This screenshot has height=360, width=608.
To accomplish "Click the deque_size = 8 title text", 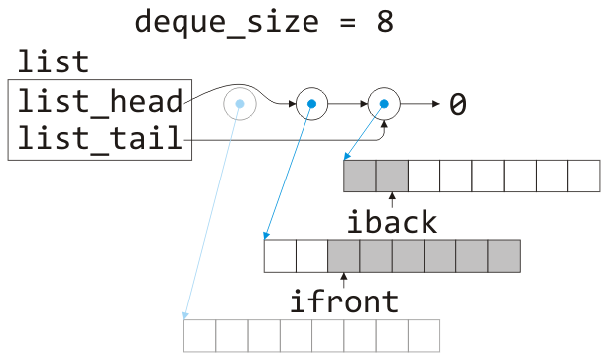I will coord(264,21).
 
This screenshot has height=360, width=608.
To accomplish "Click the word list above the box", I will coord(53,61).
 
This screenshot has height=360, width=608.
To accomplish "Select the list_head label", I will coord(99,102).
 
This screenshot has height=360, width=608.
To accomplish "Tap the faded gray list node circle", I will coord(239,103).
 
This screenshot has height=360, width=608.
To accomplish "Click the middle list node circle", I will coord(311,103).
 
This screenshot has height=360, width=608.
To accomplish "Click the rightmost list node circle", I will coord(383,103).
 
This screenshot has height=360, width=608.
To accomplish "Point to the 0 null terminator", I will coord(457,104).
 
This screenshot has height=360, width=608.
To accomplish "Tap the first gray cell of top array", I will coord(360,176).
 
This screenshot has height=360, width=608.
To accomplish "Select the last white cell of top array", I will coord(583,176).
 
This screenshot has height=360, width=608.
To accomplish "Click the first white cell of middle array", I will coord(280,255).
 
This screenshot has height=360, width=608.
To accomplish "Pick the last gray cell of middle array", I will coord(504,255).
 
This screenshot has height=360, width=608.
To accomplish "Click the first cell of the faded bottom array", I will coord(200,334).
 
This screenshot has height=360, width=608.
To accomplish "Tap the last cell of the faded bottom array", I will coord(423,334).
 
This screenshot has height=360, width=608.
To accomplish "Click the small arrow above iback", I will coord(392,199).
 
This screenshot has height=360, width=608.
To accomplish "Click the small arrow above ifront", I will coord(343,279).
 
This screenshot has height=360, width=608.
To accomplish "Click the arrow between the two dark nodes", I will coord(347,103).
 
